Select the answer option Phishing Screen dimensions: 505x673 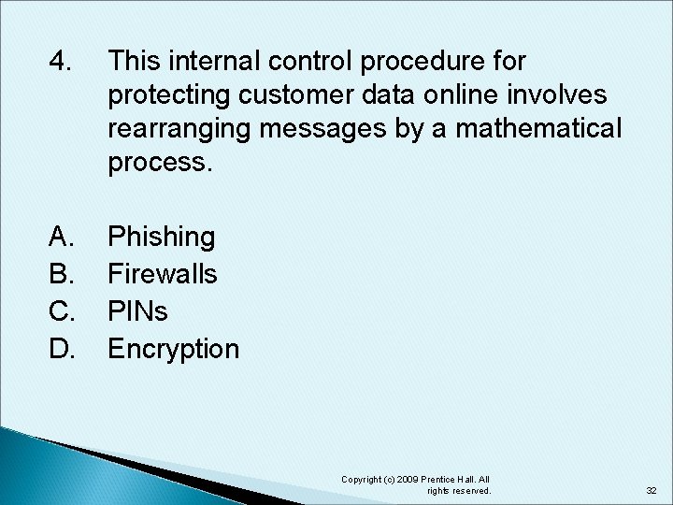click(162, 237)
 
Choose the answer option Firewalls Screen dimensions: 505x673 click(163, 274)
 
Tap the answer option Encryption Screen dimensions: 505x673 click(174, 350)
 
